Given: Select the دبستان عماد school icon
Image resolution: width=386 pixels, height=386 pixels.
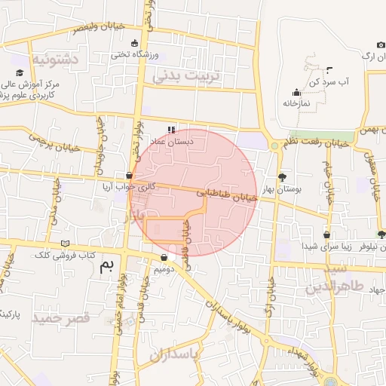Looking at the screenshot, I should [170, 129].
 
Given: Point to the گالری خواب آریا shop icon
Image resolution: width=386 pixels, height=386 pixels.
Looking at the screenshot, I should [129, 175].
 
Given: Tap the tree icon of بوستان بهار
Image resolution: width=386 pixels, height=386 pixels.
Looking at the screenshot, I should [283, 177].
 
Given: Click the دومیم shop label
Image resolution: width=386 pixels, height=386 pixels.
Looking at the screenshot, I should [164, 268].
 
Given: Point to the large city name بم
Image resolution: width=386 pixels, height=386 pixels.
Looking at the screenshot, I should [110, 264].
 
